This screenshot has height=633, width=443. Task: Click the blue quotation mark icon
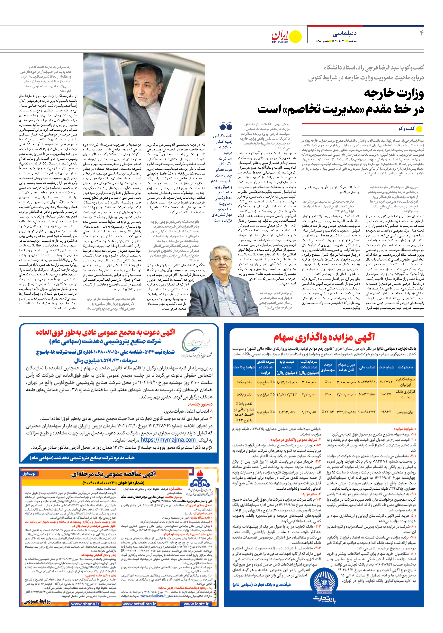226,127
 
